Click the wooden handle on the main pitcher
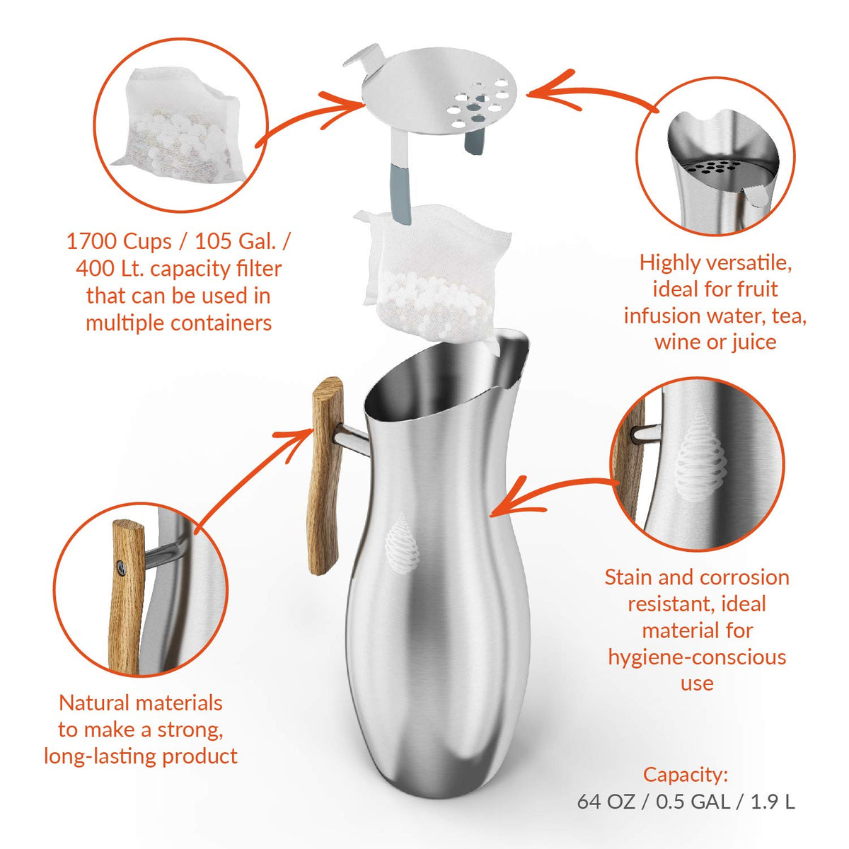pos(324,478)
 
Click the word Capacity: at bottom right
pos(685,775)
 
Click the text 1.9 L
pos(773,802)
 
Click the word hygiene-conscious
pos(697,657)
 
